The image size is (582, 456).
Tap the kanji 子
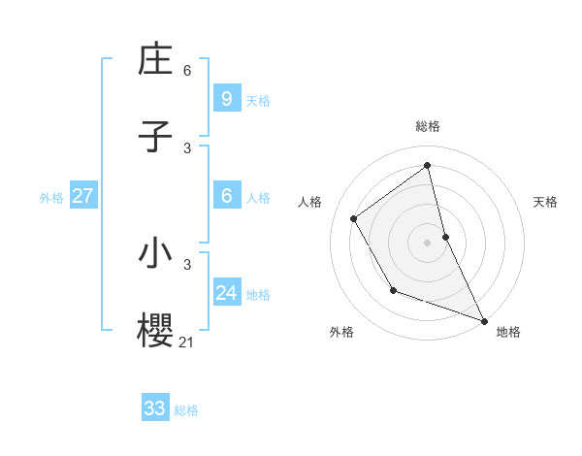coord(155,136)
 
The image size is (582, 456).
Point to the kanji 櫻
coord(155,330)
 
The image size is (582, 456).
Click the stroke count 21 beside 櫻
coord(186,341)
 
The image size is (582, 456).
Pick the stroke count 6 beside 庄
coord(187,71)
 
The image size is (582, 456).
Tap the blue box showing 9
coord(226,98)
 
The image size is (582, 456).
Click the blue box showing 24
coord(226,292)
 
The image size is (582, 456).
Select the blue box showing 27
coord(83,195)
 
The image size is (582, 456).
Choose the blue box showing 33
coord(155,408)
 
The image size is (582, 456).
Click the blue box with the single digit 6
coord(226,195)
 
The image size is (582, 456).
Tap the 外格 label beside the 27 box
coord(51,197)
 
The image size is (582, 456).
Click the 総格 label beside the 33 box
coord(186,410)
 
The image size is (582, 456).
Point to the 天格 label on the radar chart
coord(546,202)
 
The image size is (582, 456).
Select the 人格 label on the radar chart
coord(310,202)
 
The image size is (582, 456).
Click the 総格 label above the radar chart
coord(428,126)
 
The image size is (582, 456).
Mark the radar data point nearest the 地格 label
coord(485,321)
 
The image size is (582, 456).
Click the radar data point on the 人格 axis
coord(354,218)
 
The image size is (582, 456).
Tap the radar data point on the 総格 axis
coord(428,165)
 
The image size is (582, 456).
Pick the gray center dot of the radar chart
coord(428,242)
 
